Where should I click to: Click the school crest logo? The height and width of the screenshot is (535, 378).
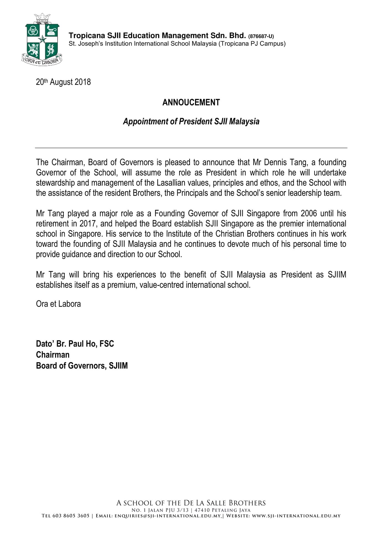click(x=42, y=39)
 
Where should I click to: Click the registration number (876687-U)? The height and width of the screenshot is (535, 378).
click(x=261, y=36)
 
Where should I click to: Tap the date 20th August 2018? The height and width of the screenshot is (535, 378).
click(x=63, y=82)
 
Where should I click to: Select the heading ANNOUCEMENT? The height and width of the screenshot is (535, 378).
click(x=191, y=103)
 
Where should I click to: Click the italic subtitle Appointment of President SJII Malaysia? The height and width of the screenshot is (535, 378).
click(x=191, y=121)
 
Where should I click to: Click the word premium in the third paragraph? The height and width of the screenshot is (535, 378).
click(x=122, y=285)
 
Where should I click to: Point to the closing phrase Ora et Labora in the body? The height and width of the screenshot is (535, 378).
click(x=58, y=304)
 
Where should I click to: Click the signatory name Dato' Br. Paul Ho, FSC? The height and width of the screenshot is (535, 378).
click(x=75, y=344)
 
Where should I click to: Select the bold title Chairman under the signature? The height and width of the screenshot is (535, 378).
click(x=53, y=355)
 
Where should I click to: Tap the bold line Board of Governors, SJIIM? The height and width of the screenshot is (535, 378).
click(x=82, y=366)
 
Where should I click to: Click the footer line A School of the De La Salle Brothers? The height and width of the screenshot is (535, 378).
click(x=191, y=503)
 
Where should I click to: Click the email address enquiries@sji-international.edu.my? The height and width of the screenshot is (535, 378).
click(x=168, y=516)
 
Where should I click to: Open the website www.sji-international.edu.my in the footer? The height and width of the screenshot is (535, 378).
click(x=296, y=516)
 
